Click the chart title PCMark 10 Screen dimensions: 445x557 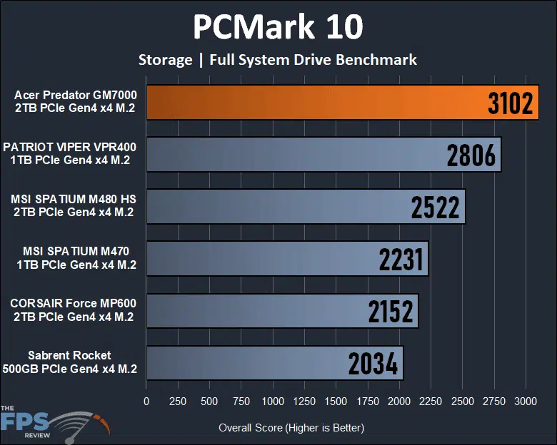278,27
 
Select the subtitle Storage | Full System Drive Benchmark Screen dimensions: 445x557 278,59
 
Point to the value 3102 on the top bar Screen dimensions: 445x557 511,104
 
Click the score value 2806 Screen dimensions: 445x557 471,155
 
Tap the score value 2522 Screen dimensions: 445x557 436,208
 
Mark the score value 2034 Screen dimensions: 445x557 373,364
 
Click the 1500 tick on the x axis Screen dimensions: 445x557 336,401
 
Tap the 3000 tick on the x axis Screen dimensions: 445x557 526,401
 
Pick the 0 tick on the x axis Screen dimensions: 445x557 146,401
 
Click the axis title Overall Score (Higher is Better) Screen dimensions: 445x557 291,428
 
